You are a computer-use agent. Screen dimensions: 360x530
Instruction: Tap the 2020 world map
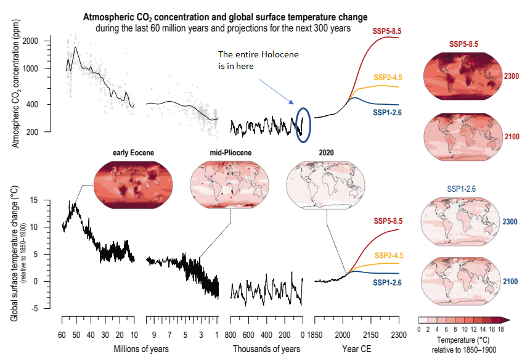pos(325,183)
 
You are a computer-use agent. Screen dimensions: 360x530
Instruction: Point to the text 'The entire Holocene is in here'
pos(258,59)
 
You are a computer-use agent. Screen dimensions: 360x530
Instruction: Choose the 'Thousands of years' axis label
pos(266,349)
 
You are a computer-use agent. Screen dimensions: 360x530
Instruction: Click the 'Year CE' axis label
pos(357,349)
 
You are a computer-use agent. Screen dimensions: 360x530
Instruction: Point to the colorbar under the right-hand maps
pos(461,319)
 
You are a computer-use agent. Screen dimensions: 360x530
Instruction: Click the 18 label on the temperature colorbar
pos(502,329)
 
